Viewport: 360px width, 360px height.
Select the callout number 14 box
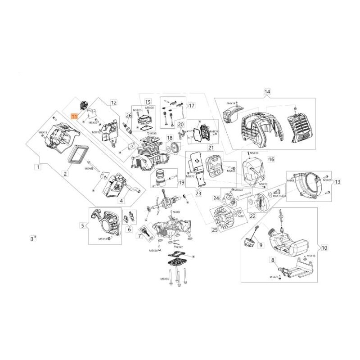coord(267,92)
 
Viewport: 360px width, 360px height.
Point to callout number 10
coord(324,247)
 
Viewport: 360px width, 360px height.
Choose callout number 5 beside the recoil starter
coord(82,225)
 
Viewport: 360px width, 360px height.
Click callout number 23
coord(198,193)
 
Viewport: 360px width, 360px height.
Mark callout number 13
coord(337,182)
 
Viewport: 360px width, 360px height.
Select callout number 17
coord(179,106)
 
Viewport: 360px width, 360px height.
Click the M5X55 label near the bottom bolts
coord(164,279)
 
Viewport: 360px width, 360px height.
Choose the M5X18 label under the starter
coord(103,239)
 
